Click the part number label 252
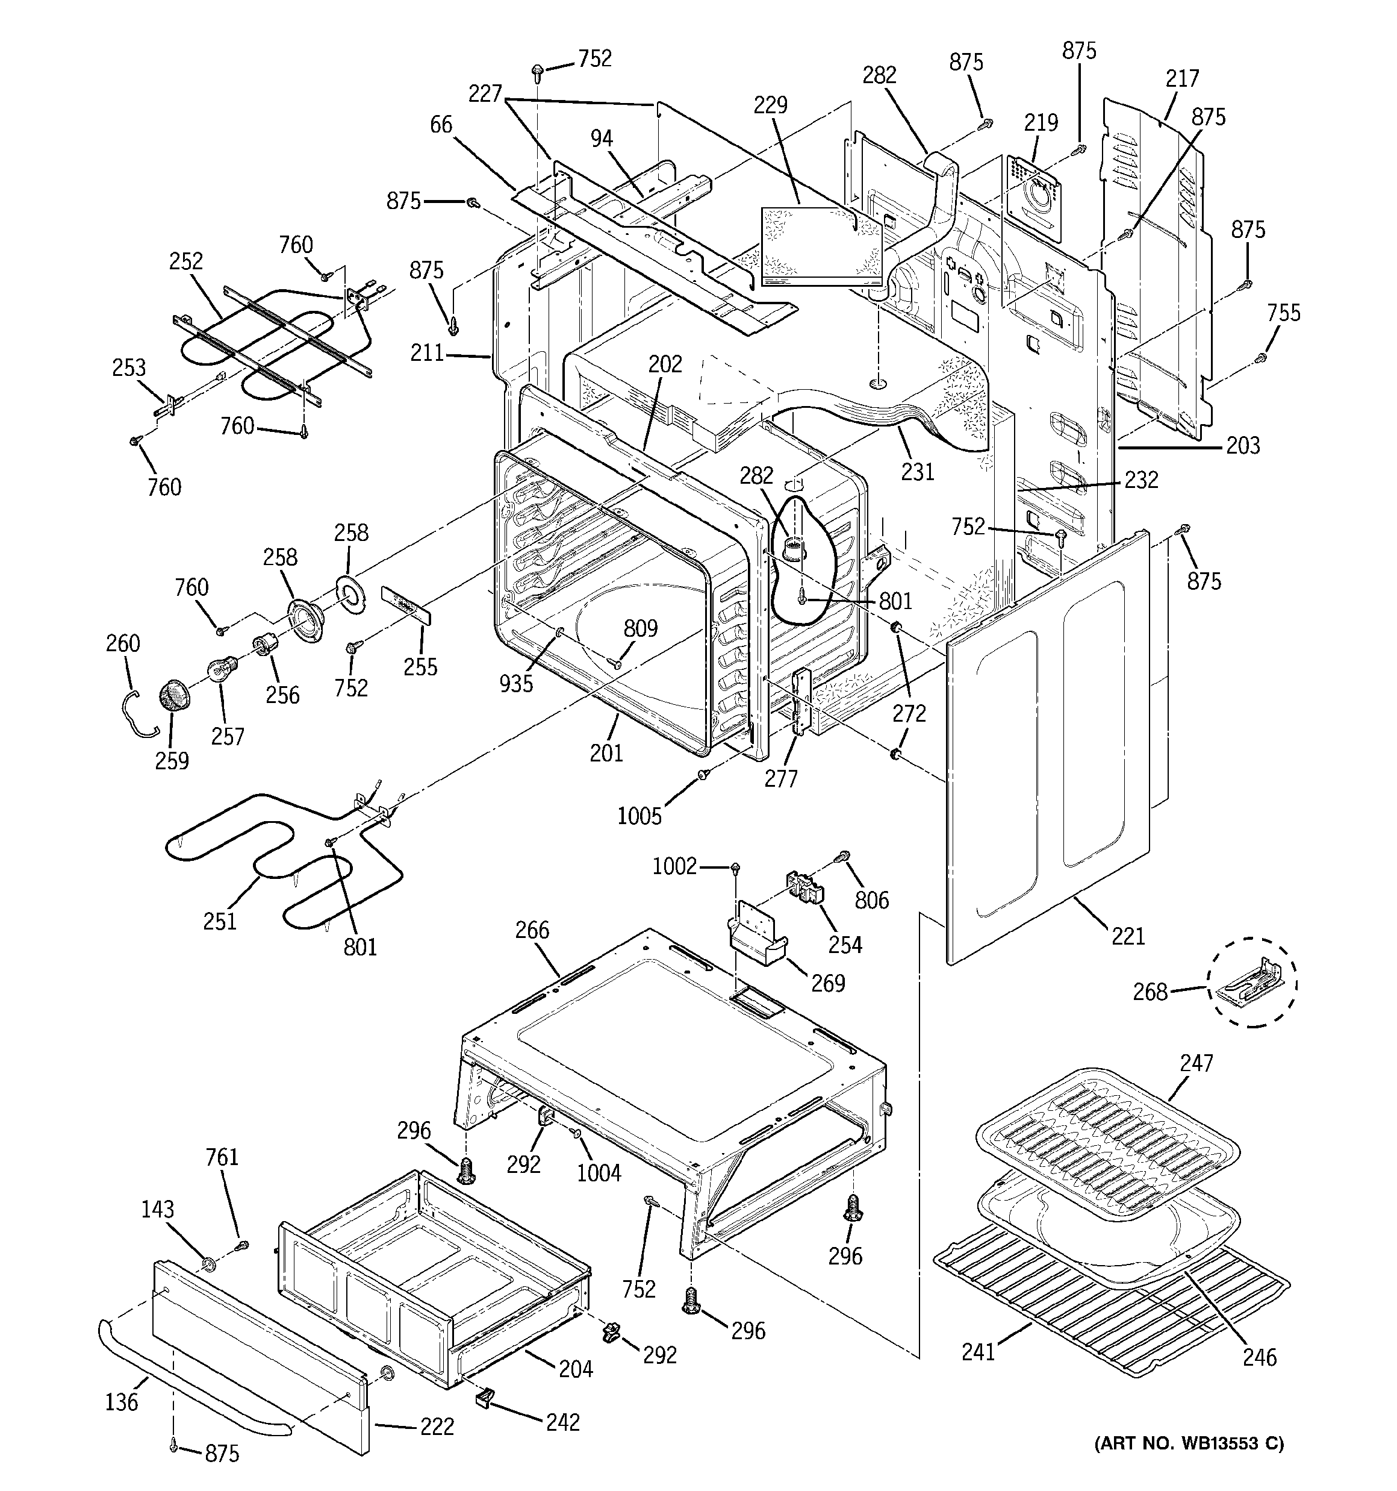coord(186,261)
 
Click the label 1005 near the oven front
coord(639,816)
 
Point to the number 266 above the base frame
coord(532,930)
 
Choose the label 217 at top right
coord(1183,78)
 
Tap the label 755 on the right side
coord(1284,312)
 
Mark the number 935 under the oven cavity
coord(517,683)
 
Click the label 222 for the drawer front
coord(437,1427)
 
